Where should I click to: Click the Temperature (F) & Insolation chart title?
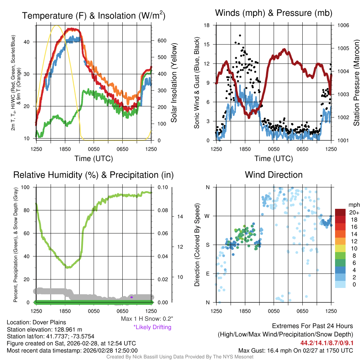(x=94, y=16)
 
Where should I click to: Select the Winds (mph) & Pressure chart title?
(x=274, y=13)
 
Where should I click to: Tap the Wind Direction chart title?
(x=274, y=175)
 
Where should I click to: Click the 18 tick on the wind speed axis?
(x=207, y=25)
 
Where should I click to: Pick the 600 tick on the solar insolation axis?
(x=161, y=41)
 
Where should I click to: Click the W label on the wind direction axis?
(x=207, y=216)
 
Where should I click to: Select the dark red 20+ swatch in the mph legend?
(x=341, y=213)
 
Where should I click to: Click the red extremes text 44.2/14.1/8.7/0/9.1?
(x=327, y=343)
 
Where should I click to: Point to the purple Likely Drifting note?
(x=152, y=327)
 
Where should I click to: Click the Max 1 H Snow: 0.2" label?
(x=147, y=319)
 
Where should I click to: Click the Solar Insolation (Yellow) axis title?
(x=174, y=83)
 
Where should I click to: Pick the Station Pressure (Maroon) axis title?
(x=355, y=83)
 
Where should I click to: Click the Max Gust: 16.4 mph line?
(x=296, y=351)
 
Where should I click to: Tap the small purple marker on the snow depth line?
(x=131, y=297)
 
